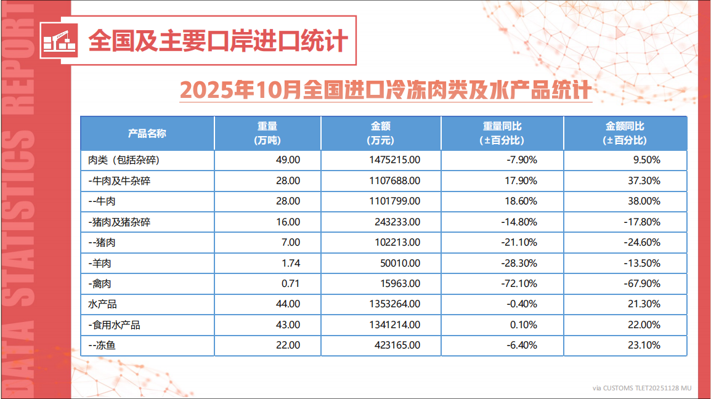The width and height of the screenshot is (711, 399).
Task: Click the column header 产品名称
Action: pyautogui.click(x=147, y=133)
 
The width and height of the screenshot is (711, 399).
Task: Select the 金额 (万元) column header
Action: pyautogui.click(x=380, y=133)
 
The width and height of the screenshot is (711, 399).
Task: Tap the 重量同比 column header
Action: pyautogui.click(x=502, y=133)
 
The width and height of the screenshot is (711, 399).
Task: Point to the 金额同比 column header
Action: pyautogui.click(x=625, y=133)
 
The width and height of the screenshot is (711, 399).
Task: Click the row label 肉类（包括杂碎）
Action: pyautogui.click(x=124, y=160)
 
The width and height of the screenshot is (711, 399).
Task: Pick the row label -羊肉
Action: pyautogui.click(x=100, y=263)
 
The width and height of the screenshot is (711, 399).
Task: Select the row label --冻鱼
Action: pyautogui.click(x=102, y=345)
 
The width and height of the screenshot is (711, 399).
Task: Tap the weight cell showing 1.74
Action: pyautogui.click(x=290, y=263)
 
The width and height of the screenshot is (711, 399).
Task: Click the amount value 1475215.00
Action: pyautogui.click(x=392, y=160)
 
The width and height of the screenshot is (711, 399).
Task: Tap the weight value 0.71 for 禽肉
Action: pyautogui.click(x=290, y=284)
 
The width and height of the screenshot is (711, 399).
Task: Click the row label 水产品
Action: pyautogui.click(x=103, y=304)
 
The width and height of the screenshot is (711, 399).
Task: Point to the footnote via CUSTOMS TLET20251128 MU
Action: pyautogui.click(x=641, y=388)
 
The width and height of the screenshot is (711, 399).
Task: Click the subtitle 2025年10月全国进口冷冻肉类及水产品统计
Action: pyautogui.click(x=386, y=90)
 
